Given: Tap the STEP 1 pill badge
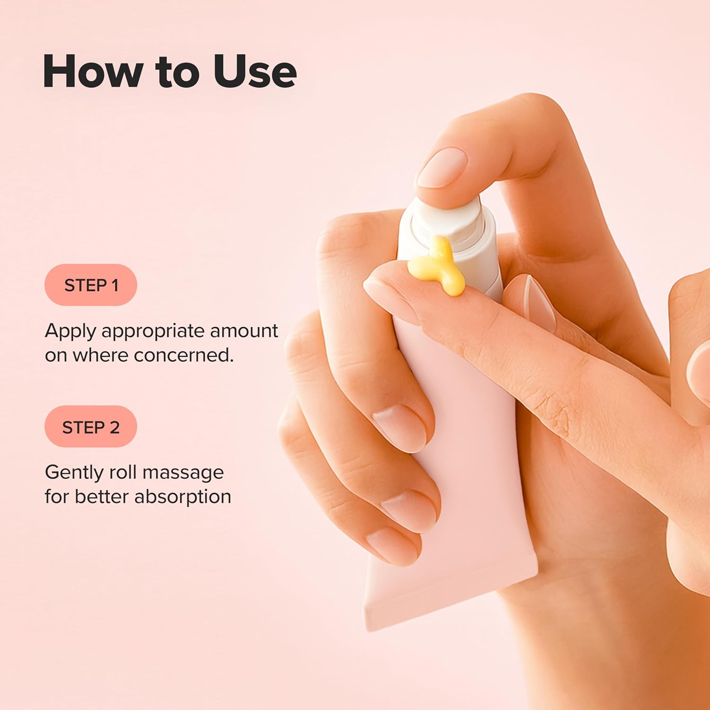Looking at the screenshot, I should click(90, 285).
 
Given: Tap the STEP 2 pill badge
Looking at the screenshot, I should click(90, 427).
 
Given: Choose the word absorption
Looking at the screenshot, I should click(183, 497).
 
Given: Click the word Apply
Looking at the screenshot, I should click(70, 331).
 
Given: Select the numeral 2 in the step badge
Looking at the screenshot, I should click(115, 427).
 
